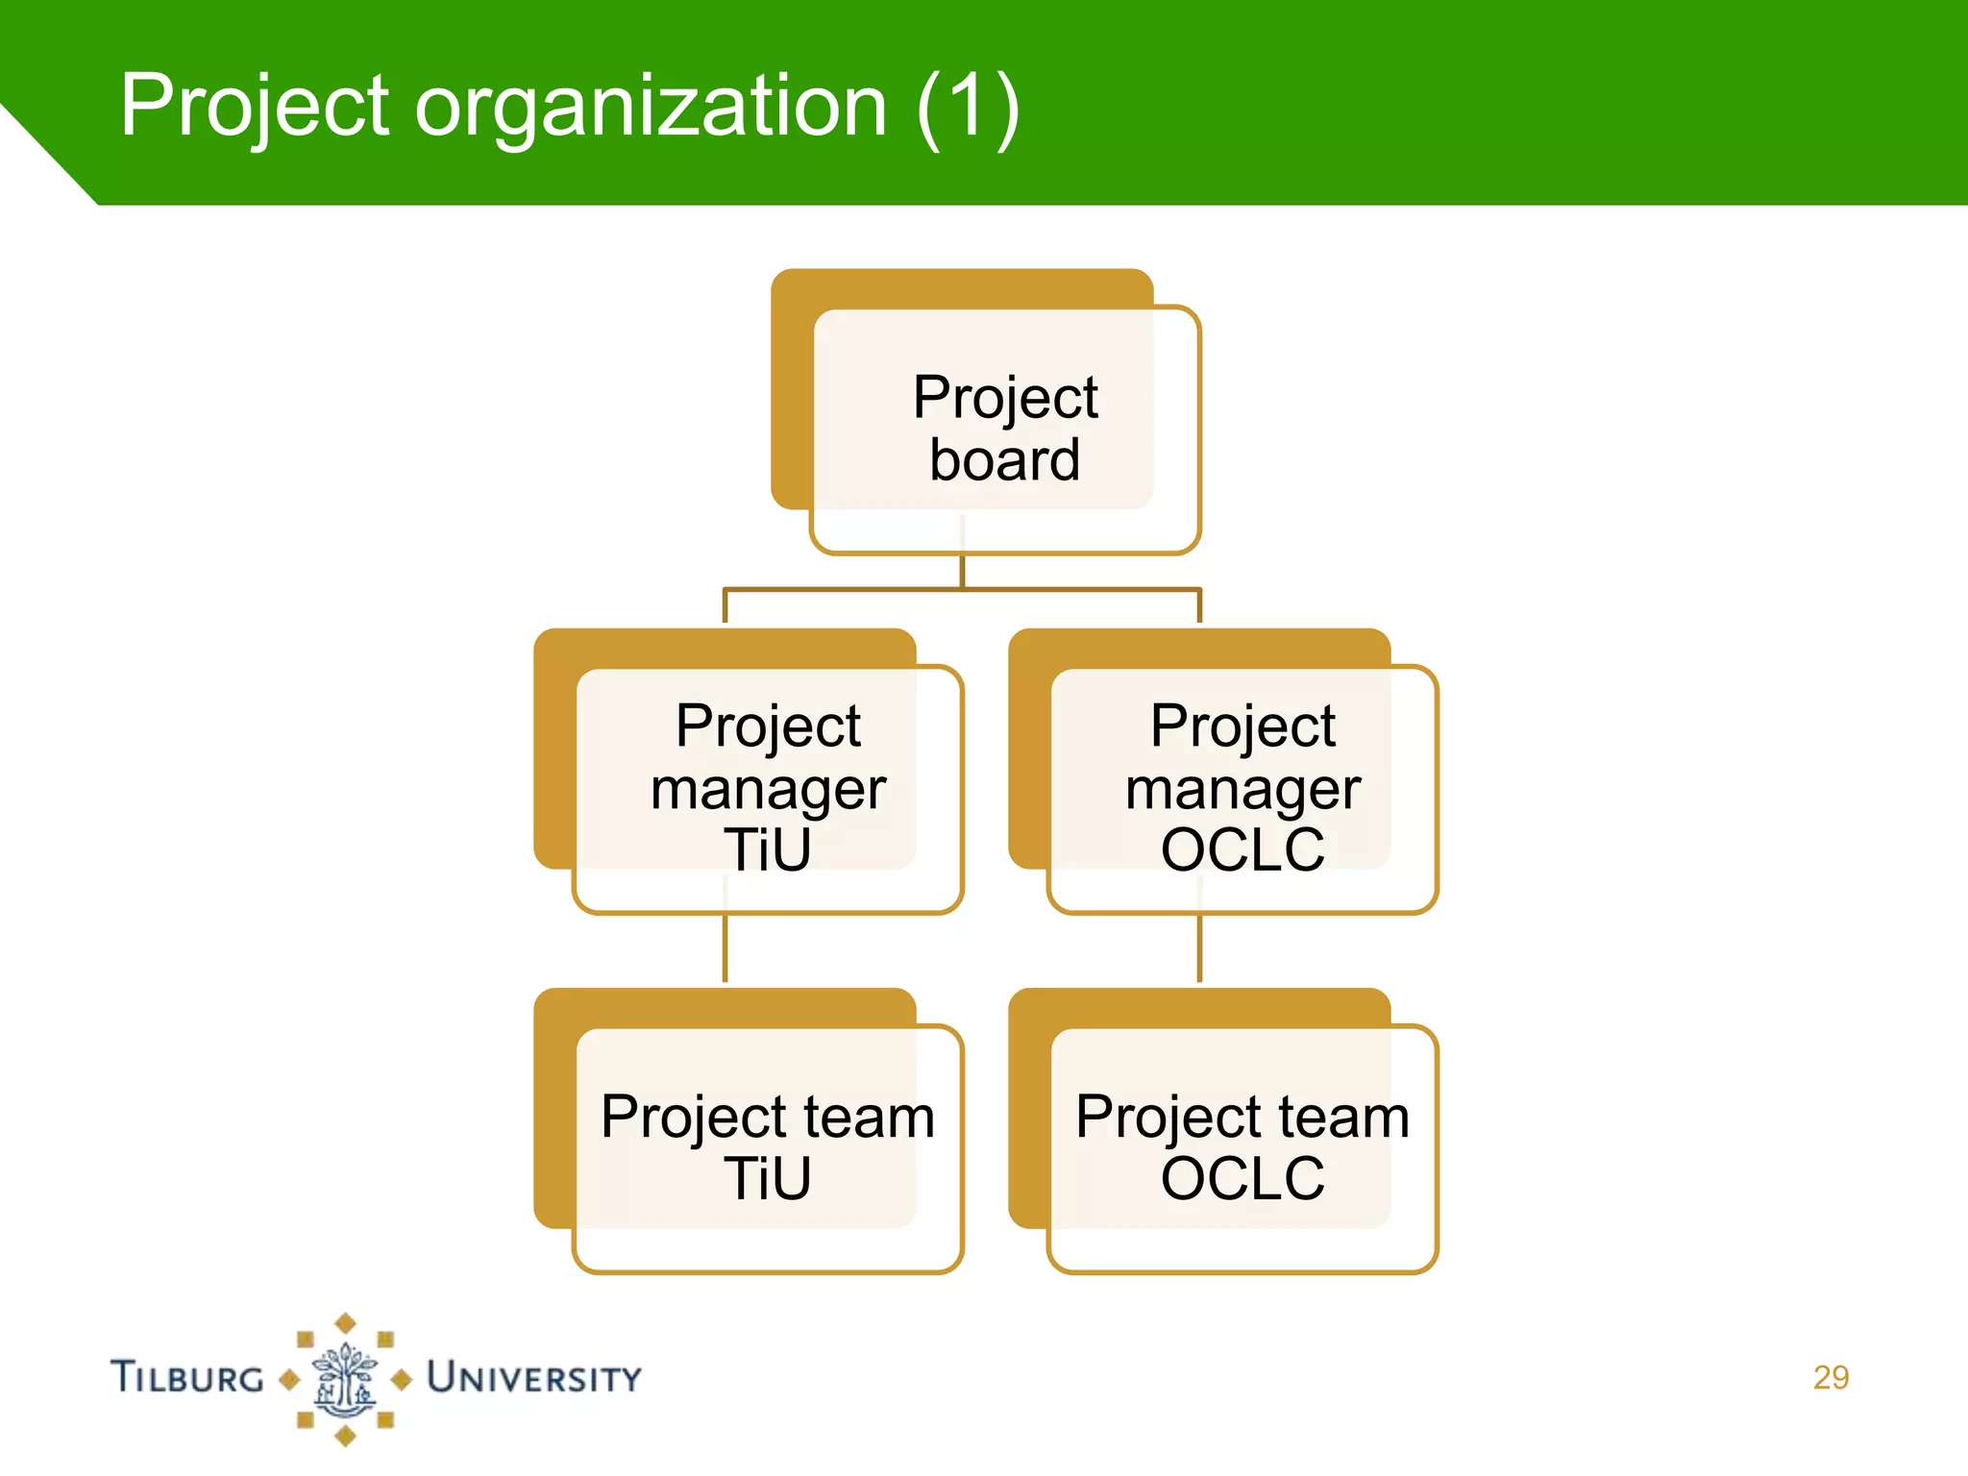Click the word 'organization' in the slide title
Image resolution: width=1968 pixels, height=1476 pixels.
(650, 107)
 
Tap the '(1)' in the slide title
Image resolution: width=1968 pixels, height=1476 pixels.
(967, 107)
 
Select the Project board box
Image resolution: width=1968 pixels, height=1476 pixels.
(1004, 429)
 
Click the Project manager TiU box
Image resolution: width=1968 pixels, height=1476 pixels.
(767, 788)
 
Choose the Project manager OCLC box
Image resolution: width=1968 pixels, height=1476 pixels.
(1242, 788)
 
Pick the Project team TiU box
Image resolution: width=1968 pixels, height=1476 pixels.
(767, 1147)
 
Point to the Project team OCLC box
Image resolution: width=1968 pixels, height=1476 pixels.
(1242, 1147)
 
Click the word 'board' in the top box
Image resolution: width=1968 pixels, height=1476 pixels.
(1004, 460)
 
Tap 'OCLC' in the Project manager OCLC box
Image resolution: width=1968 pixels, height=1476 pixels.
(1242, 849)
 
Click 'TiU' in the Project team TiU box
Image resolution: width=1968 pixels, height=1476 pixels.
(767, 1179)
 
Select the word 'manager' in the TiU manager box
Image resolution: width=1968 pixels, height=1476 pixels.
(767, 790)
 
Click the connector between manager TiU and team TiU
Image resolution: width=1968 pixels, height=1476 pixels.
(725, 947)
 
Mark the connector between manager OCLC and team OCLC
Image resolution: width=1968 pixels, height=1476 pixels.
(1199, 947)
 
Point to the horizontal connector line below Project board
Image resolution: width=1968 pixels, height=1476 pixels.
(962, 589)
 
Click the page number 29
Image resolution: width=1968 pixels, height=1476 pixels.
(1831, 1377)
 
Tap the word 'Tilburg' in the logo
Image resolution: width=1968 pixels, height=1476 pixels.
(187, 1377)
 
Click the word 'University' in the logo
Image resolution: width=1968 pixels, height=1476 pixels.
(533, 1378)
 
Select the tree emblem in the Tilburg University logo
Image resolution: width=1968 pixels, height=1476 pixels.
(345, 1379)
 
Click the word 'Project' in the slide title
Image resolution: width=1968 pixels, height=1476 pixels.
(255, 107)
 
